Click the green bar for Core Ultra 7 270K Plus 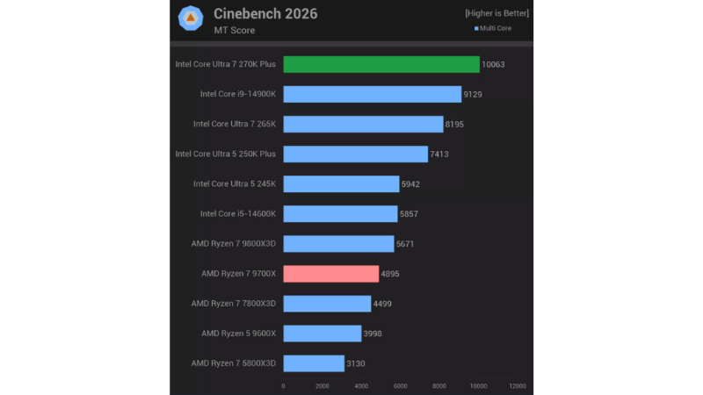pos(381,64)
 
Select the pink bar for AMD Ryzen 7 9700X pos(331,274)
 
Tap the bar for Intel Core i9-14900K pos(372,94)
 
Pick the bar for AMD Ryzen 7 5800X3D pos(314,363)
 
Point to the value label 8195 pos(454,125)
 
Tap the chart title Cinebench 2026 pos(265,14)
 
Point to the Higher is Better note pos(497,14)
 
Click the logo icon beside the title pos(192,18)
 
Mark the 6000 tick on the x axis pos(401,385)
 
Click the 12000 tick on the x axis pos(518,385)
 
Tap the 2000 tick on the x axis pos(323,385)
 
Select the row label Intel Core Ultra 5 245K pos(235,183)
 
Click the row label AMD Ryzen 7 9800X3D pos(233,244)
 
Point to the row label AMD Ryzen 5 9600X pos(238,334)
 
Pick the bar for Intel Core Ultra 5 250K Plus pos(356,154)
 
